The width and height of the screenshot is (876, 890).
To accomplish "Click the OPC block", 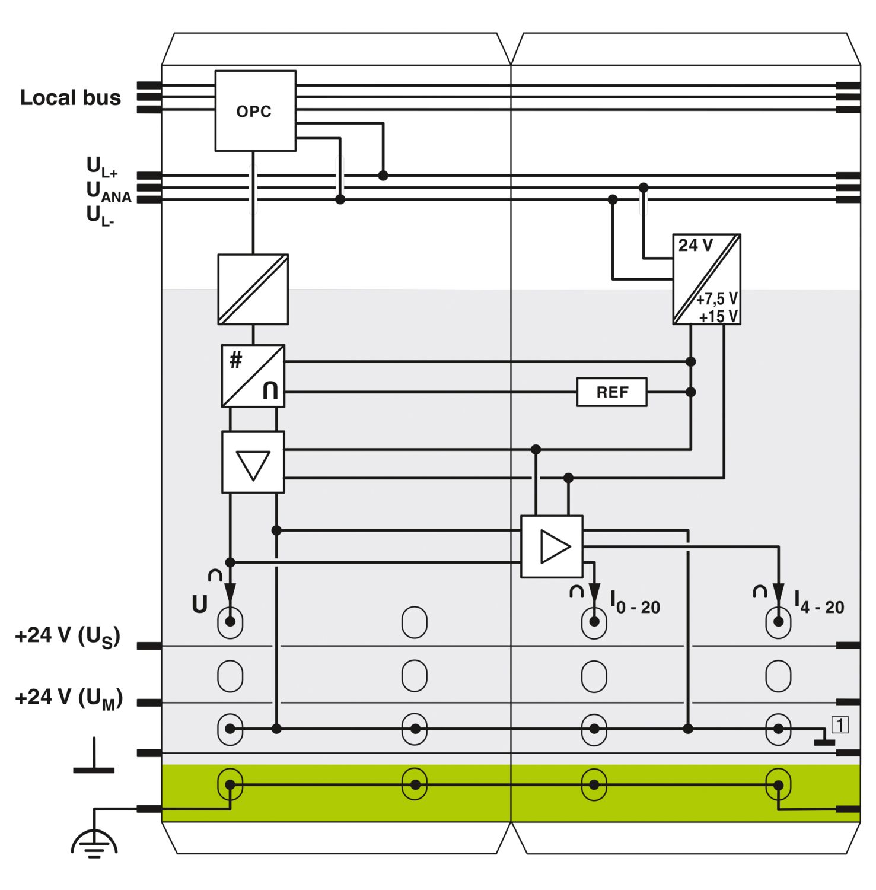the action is (255, 111).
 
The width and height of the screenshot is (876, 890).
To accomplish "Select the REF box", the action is (611, 392).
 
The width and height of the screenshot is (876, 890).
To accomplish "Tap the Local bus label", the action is (71, 97).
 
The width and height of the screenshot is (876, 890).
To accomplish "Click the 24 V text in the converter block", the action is (695, 245).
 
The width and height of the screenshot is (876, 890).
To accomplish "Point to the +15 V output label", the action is (718, 317).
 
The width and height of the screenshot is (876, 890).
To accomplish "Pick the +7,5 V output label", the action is (717, 298).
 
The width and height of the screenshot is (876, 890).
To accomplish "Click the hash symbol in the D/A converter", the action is (236, 360).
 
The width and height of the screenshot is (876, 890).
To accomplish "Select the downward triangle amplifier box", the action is (253, 462).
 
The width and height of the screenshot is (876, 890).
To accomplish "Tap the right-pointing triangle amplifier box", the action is (552, 546).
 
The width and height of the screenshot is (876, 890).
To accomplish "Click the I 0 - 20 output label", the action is (635, 603).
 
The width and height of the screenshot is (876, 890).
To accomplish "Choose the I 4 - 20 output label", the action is (819, 603).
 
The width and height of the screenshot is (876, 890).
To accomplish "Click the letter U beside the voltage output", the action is (200, 604).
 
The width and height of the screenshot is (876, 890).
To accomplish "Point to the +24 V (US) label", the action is (68, 637).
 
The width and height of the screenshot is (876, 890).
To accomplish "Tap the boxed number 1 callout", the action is (840, 724).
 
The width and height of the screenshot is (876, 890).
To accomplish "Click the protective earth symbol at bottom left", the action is (94, 843).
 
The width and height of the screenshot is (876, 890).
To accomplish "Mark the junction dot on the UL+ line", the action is (383, 176).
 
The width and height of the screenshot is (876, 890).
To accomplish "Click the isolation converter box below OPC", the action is (253, 290).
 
